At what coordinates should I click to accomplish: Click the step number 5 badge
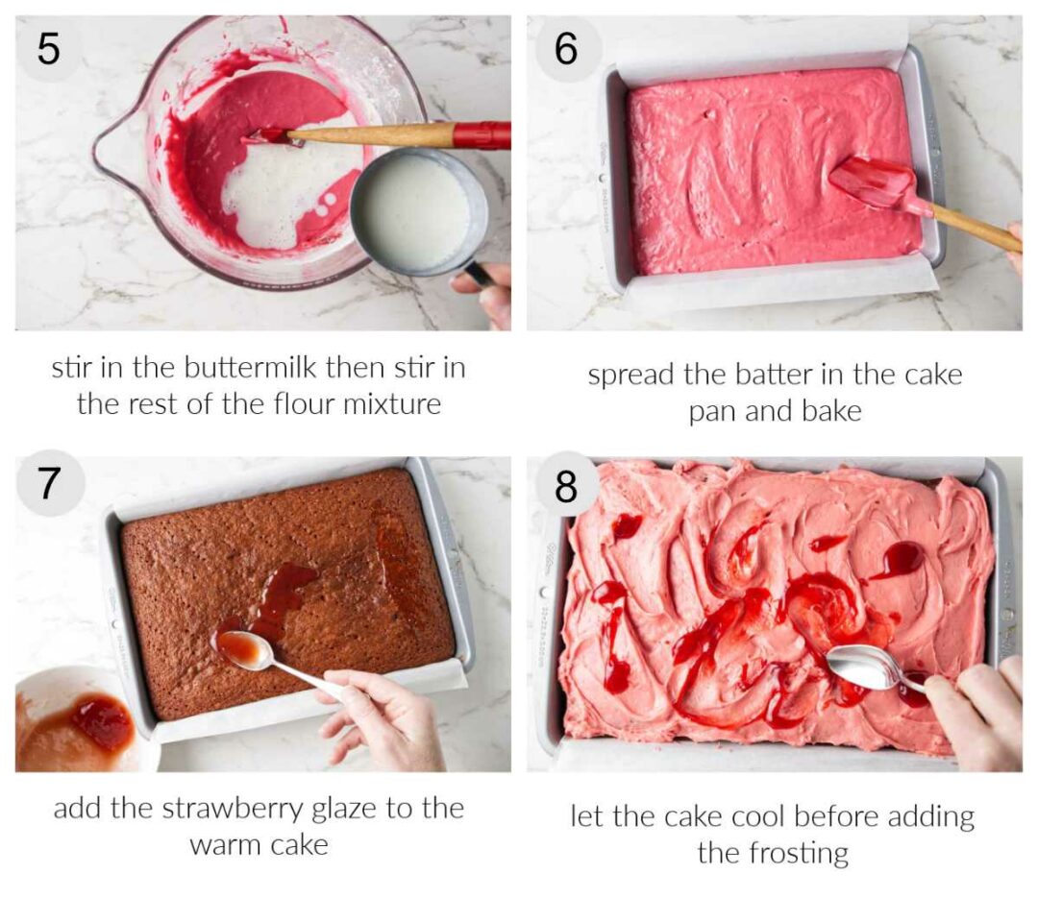tap(48, 49)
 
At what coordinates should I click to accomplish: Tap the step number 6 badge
tap(566, 49)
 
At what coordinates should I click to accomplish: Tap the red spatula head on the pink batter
tap(873, 182)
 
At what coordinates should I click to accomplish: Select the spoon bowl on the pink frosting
tap(860, 665)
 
